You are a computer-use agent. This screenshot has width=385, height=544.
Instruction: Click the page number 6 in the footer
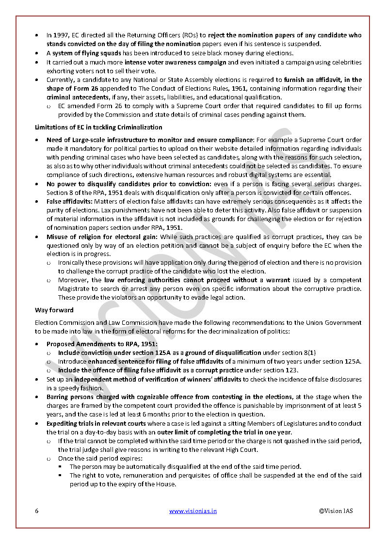point(37,511)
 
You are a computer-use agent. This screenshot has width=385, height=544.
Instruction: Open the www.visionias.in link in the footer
point(192,511)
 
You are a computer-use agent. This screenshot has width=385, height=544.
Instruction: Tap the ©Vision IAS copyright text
point(336,511)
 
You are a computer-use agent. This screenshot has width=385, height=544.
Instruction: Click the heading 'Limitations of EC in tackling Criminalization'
point(98,127)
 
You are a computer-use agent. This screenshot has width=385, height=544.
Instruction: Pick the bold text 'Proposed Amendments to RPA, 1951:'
point(98,344)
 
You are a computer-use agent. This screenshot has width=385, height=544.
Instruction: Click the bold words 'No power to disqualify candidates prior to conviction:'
point(129,184)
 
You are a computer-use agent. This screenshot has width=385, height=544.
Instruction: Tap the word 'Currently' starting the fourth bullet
point(61,80)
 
